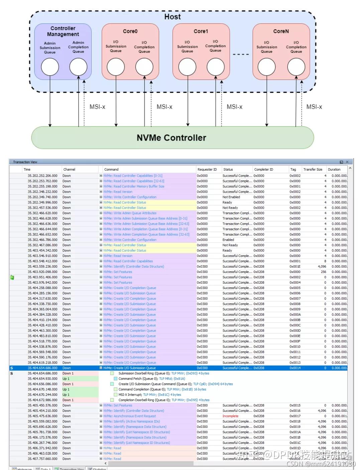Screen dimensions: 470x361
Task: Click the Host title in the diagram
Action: pos(172,17)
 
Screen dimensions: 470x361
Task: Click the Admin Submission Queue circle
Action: pos(50,67)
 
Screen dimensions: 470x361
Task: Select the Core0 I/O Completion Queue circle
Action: pos(144,67)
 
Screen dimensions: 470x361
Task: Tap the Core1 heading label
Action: pos(201,31)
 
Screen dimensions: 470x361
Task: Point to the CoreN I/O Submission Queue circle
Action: pos(266,67)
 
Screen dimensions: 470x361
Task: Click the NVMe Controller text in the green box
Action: pos(171,137)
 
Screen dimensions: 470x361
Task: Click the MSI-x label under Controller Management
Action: pos(97,107)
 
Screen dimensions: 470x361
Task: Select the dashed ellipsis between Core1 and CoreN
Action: pos(241,54)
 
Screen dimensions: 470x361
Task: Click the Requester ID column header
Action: pos(207,169)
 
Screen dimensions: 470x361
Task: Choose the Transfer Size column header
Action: pos(313,169)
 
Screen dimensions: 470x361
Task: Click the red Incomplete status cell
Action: pos(230,416)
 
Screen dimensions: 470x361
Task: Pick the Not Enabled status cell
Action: pos(231,197)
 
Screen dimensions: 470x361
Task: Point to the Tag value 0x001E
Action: pos(295,267)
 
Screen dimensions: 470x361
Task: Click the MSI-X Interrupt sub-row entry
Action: pos(149,395)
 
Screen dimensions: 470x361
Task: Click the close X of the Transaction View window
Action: pos(347,162)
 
